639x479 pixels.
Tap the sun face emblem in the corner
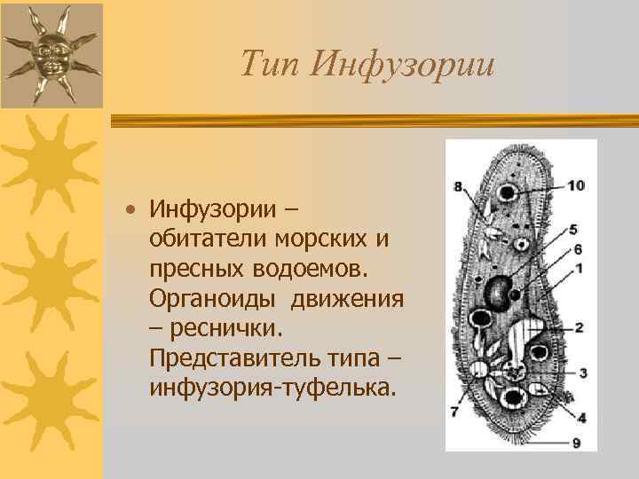click(51, 52)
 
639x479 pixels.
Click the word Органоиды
click(207, 299)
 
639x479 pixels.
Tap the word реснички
click(223, 329)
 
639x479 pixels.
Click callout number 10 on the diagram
click(576, 185)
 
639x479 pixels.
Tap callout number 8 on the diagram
click(458, 186)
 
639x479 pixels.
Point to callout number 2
click(579, 327)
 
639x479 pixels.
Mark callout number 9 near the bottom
click(576, 442)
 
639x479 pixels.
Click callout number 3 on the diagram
click(582, 373)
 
